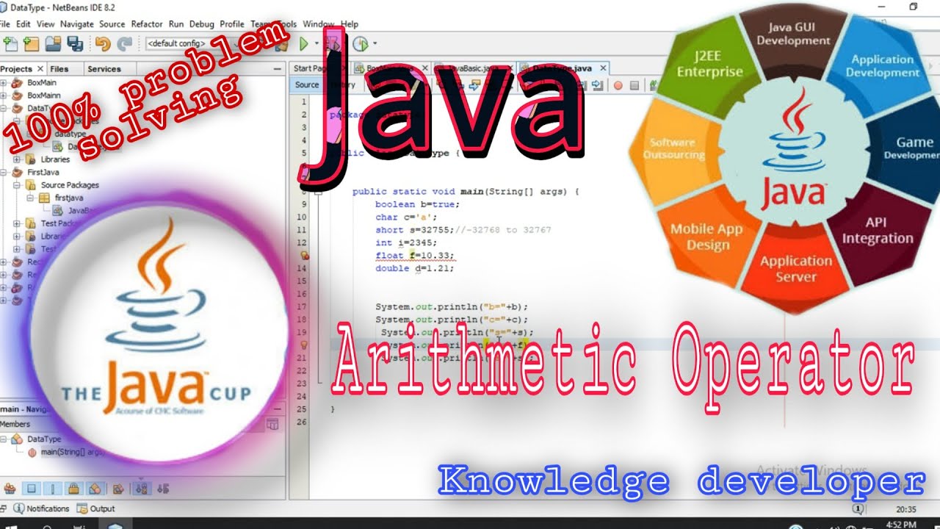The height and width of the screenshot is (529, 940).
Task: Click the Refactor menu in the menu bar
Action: point(147,24)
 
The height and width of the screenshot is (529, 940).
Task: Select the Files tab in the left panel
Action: point(59,69)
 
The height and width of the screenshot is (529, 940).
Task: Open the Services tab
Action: point(104,69)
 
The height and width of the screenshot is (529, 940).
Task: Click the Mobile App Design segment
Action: point(706,237)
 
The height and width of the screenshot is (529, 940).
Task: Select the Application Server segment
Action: point(796,269)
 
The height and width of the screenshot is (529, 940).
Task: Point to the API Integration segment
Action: point(877,230)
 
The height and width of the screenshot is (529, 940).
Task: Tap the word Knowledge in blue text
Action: point(554,482)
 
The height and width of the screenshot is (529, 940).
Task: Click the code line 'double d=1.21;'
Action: point(414,268)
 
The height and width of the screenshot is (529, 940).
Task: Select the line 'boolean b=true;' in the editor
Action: point(416,204)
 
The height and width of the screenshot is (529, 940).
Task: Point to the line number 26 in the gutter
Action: point(301,422)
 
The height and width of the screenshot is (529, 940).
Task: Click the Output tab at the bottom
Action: point(102,508)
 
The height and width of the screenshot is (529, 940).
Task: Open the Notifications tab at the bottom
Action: point(47,508)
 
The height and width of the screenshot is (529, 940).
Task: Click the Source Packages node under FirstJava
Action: point(70,185)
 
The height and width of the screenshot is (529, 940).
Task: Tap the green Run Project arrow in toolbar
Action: point(303,44)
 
